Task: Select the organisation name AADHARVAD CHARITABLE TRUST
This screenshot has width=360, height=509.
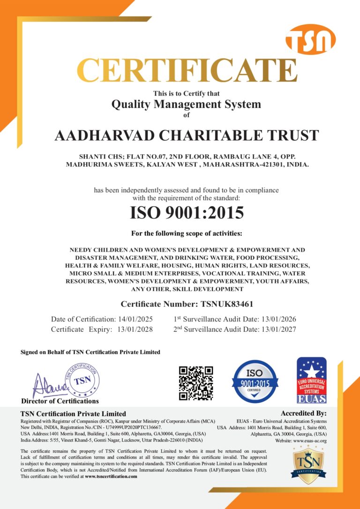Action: (187, 136)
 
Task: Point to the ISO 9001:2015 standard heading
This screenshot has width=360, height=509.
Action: (187, 213)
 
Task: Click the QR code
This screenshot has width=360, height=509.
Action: (196, 383)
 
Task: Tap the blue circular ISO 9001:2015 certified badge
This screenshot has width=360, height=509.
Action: (255, 381)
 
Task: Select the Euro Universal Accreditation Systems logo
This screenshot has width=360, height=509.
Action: (311, 380)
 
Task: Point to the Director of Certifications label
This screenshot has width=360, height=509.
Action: (60, 401)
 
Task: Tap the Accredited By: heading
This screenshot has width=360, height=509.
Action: (303, 413)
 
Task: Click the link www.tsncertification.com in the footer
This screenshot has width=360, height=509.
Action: (111, 476)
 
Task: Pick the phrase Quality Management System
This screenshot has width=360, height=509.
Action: (186, 104)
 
